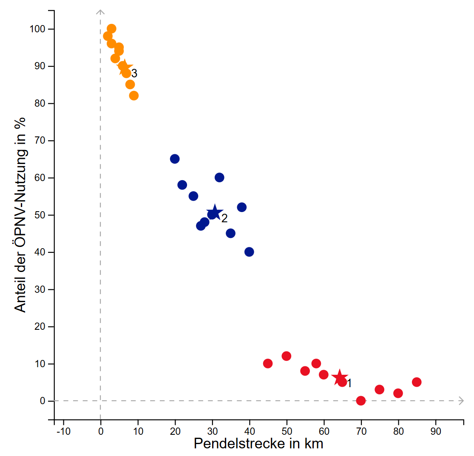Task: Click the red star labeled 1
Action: tap(339, 377)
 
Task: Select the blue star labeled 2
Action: tap(215, 212)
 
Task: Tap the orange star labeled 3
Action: tap(124, 67)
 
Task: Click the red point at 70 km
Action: tap(361, 400)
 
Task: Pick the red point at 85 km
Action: tap(417, 382)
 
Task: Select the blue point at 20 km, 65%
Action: tap(175, 159)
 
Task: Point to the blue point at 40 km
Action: tap(249, 252)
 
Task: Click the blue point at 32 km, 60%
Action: tap(219, 178)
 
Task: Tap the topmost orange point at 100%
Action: tap(111, 29)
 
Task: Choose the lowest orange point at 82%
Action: tap(134, 96)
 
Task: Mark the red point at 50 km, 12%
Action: tap(287, 356)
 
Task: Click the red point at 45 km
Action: tap(268, 363)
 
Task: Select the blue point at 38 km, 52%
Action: tap(242, 207)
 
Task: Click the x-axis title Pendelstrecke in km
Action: tap(258, 444)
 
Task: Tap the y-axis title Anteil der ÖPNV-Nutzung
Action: tap(20, 215)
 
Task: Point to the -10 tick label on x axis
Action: tap(63, 432)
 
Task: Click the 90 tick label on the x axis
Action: tap(435, 432)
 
